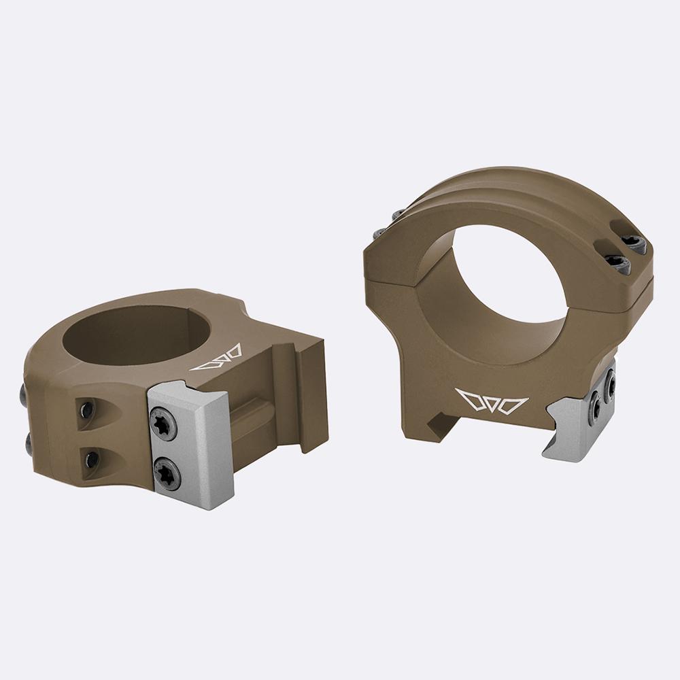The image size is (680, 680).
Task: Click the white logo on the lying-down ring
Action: point(216,358)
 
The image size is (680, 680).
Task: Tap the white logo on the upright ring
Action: point(492,401)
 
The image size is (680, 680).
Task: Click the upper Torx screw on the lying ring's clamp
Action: point(163,424)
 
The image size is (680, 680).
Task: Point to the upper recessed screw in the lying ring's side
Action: point(87,409)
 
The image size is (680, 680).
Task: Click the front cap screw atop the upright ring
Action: point(617,262)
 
